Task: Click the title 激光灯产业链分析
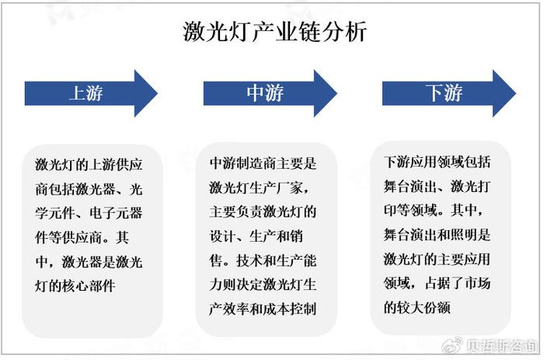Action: (275, 32)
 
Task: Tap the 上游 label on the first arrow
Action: (86, 93)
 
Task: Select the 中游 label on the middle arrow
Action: (265, 93)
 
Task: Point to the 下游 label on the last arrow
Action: (444, 93)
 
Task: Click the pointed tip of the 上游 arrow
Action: (158, 93)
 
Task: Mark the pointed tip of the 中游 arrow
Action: (337, 93)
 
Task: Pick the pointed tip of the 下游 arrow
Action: (516, 93)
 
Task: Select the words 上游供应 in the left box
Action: (116, 165)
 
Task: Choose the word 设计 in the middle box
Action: (223, 236)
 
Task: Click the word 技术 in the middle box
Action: (249, 260)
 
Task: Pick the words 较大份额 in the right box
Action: (424, 308)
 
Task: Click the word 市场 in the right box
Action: (478, 283)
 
